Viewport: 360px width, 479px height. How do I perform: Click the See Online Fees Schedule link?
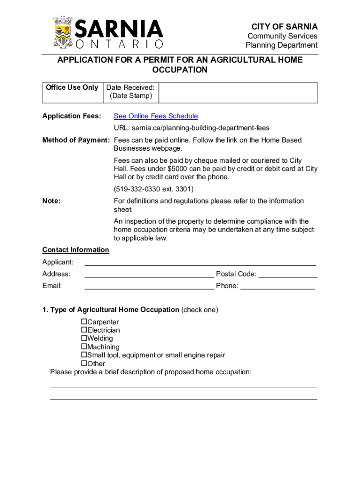point(156,116)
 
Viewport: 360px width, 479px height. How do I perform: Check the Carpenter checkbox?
point(84,322)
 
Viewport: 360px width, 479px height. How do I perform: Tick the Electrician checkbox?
point(84,330)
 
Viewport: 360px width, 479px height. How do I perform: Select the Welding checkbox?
point(84,338)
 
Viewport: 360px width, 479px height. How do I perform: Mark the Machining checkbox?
point(84,347)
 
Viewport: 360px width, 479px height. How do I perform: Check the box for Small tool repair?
point(84,355)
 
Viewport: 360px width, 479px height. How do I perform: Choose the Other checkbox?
point(84,363)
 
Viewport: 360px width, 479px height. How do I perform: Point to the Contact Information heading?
point(76,250)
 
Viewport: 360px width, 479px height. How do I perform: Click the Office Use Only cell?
point(72,88)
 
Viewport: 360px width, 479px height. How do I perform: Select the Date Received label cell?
point(130,92)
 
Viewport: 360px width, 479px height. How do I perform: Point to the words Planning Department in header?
point(281,45)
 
